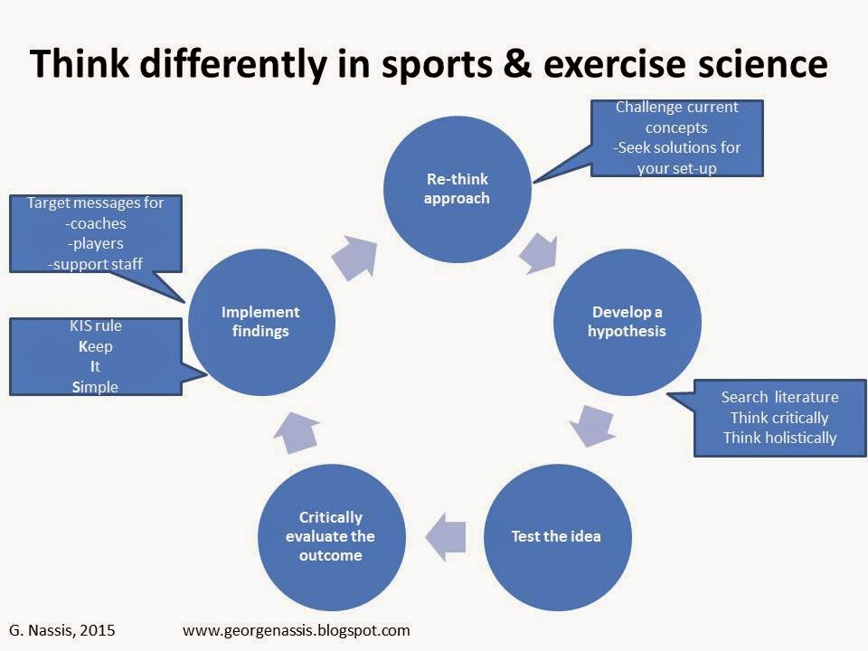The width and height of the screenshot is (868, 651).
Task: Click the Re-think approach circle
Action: (458, 189)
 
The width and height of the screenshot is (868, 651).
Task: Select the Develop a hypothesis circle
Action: (627, 322)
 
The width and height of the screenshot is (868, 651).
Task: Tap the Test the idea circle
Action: (558, 537)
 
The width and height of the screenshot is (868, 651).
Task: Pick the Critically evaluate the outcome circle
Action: (332, 537)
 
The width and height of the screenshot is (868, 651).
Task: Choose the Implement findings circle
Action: (261, 322)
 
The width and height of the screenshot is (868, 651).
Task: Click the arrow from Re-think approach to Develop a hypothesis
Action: (539, 253)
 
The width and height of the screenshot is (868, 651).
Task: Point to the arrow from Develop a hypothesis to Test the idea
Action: (592, 425)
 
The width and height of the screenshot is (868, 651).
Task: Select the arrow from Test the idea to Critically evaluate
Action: (446, 536)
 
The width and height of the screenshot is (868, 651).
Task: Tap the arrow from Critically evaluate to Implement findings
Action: (297, 432)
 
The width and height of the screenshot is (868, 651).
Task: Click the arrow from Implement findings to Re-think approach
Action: (355, 258)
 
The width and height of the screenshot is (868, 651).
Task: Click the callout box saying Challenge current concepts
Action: (677, 138)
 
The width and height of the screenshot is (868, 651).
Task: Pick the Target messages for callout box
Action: (96, 233)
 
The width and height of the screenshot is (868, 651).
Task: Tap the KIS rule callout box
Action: (96, 356)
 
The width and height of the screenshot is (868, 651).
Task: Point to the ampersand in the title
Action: (516, 63)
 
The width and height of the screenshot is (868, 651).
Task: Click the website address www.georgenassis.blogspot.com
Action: (297, 630)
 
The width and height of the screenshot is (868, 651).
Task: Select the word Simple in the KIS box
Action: (95, 387)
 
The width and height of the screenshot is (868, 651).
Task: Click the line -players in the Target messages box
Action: (96, 243)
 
